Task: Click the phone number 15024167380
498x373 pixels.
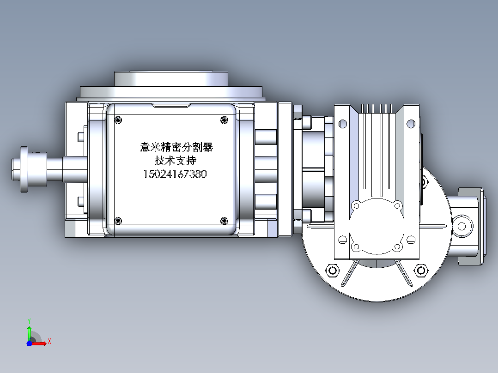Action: coord(175,174)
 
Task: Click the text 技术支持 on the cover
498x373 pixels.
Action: coord(176,160)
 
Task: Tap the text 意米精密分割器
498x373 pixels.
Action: coord(176,147)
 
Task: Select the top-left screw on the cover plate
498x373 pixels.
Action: coord(118,120)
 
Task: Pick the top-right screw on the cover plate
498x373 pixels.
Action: coord(224,120)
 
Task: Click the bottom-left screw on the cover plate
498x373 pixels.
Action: coord(118,221)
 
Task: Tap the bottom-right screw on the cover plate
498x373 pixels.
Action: coord(224,221)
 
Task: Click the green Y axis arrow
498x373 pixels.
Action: coord(29,330)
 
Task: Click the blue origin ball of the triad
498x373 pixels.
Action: coord(29,343)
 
